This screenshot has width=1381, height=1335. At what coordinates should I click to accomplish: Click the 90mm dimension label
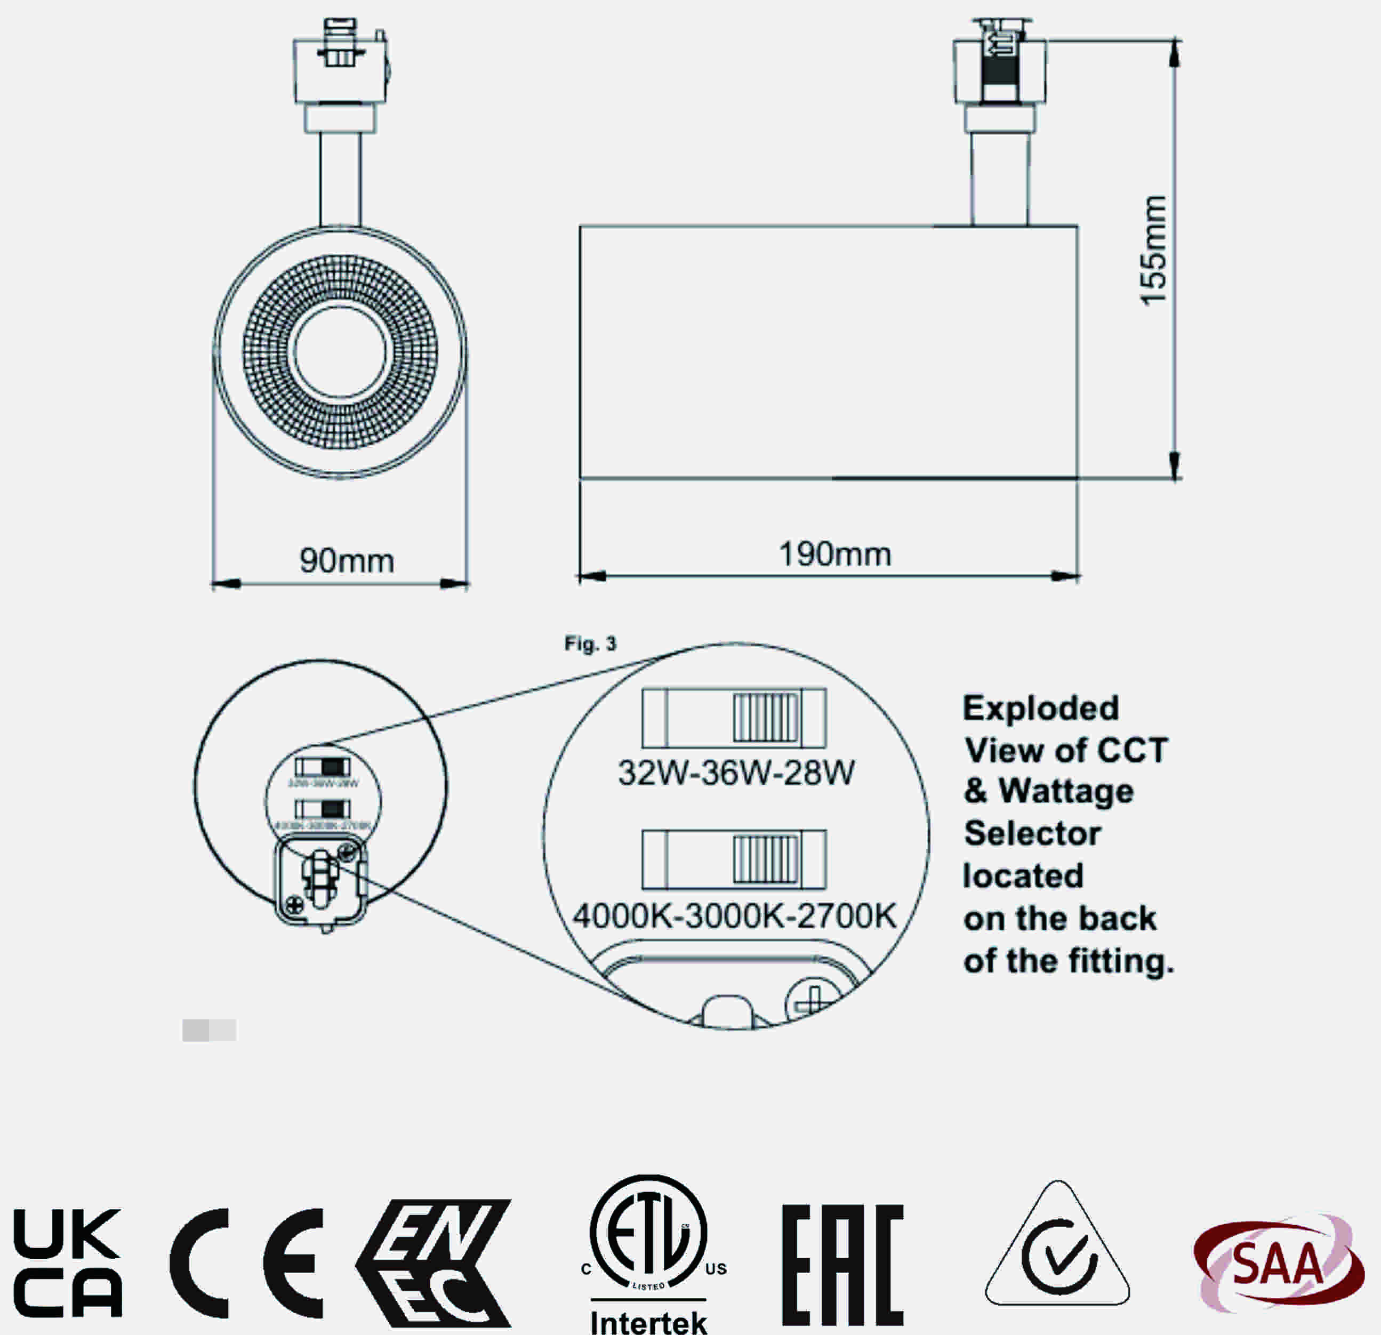coord(347,561)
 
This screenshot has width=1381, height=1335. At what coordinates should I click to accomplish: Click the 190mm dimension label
coord(835,554)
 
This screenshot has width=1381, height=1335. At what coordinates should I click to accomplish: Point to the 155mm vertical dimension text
coord(1153,250)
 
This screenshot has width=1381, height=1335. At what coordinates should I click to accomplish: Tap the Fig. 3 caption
coord(590,643)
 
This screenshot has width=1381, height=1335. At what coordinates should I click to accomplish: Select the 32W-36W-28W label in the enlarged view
coord(736,773)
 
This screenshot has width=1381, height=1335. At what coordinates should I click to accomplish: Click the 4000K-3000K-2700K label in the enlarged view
coord(734,916)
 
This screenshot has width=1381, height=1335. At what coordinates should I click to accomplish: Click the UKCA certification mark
coord(67,1263)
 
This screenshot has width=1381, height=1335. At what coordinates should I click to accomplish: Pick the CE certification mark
coord(246,1262)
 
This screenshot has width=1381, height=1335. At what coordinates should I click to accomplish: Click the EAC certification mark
coord(842,1265)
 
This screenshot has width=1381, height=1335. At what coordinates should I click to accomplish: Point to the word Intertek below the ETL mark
coord(648,1322)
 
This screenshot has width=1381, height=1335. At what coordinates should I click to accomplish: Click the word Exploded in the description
coord(1041,708)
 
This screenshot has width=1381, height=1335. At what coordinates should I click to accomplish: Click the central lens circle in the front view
coord(340,352)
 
